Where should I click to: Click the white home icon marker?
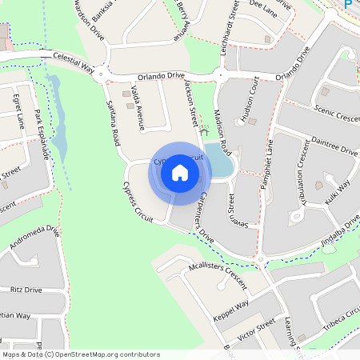(x=179, y=173)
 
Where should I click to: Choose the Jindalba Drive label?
(x=338, y=228)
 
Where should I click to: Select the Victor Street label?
(x=256, y=328)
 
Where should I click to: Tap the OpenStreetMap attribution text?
(x=80, y=353)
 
